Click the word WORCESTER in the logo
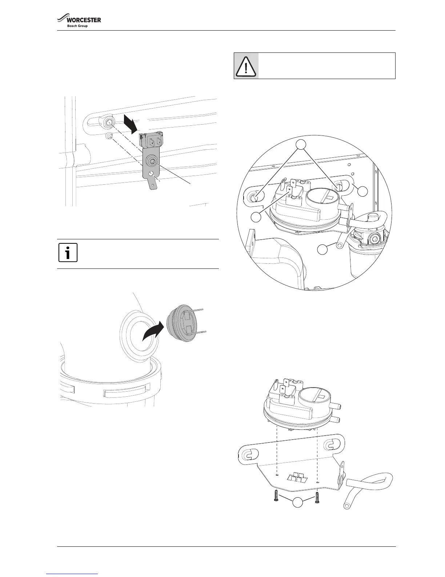tap(83, 20)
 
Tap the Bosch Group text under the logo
tap(77, 26)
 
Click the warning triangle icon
tap(246, 66)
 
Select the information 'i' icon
tap(68, 252)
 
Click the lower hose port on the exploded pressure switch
tap(337, 419)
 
